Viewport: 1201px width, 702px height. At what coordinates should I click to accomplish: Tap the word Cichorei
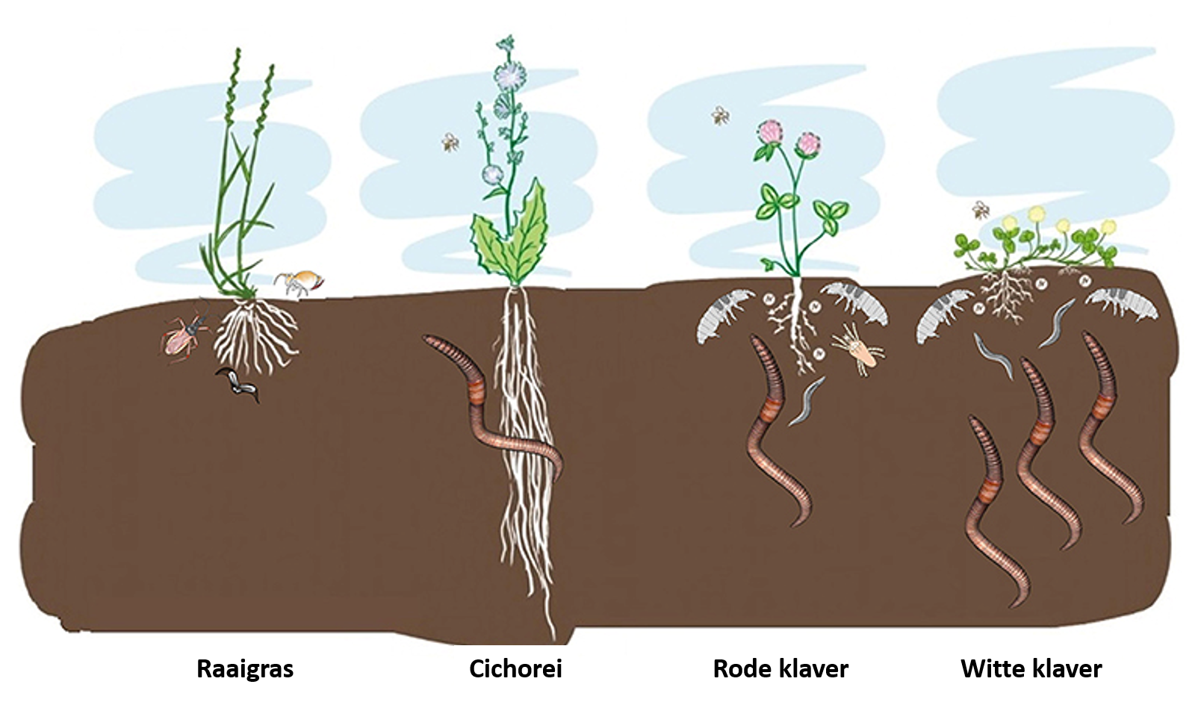point(516,668)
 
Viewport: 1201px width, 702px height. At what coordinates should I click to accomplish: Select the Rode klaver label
point(781,668)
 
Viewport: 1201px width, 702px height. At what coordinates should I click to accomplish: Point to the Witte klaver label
point(1031,668)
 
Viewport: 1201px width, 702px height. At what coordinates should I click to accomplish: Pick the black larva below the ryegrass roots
point(238,384)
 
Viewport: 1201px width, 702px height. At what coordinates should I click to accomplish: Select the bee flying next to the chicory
point(450,142)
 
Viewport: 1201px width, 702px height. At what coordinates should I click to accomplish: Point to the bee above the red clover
point(720,115)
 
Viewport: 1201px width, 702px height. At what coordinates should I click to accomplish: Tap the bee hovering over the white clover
point(981,210)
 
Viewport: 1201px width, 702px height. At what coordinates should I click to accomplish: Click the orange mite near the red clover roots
point(858,349)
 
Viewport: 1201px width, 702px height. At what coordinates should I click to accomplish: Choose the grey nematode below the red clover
point(806,402)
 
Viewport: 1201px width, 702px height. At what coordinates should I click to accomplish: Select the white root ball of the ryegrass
point(255,336)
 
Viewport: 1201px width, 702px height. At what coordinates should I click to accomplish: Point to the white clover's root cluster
point(1006,295)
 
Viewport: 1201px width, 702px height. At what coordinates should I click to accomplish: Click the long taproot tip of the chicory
point(553,639)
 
